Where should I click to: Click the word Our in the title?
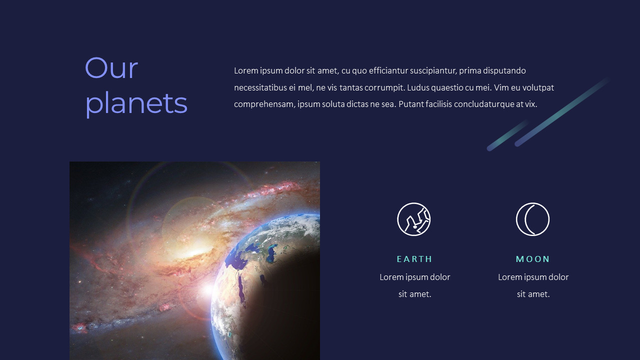111,68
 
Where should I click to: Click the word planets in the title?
136,103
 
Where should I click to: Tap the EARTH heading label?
414,259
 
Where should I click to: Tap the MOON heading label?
533,259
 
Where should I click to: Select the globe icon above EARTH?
414,219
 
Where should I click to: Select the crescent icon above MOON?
532,219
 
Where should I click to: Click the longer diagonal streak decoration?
562,111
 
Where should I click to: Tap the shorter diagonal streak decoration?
507,134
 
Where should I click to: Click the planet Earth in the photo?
265,285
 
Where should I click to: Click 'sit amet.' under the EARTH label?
414,294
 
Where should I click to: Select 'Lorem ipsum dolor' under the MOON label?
533,277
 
